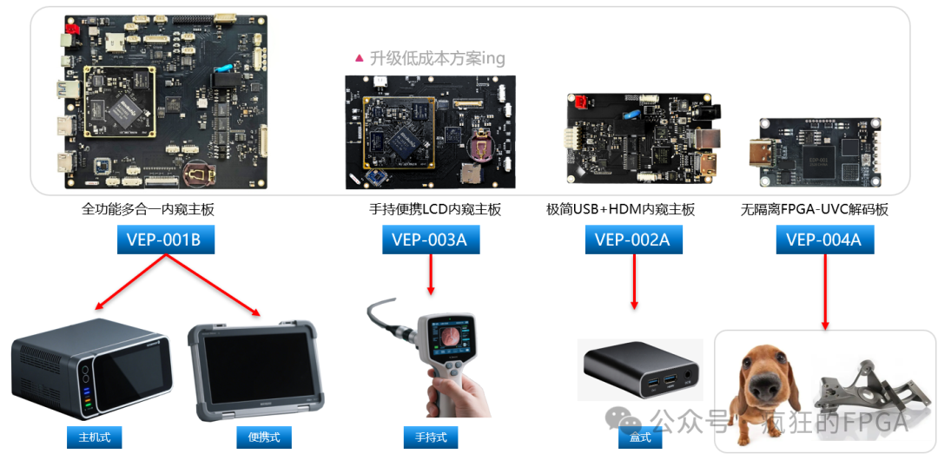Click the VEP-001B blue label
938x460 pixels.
pyautogui.click(x=165, y=240)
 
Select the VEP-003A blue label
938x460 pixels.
pyautogui.click(x=430, y=240)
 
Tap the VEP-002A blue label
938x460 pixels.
pyautogui.click(x=633, y=240)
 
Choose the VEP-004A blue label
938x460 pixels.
pyautogui.click(x=824, y=240)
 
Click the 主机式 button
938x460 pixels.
pyautogui.click(x=95, y=437)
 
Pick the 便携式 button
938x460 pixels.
pyautogui.click(x=263, y=437)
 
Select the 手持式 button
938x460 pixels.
pyautogui.click(x=430, y=437)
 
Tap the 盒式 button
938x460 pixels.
pyautogui.click(x=641, y=437)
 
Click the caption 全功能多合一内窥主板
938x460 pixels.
pyautogui.click(x=148, y=209)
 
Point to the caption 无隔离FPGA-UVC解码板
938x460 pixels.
pyautogui.click(x=814, y=209)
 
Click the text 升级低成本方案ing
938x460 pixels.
pyautogui.click(x=437, y=58)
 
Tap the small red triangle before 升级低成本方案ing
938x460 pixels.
pyautogui.click(x=359, y=58)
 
